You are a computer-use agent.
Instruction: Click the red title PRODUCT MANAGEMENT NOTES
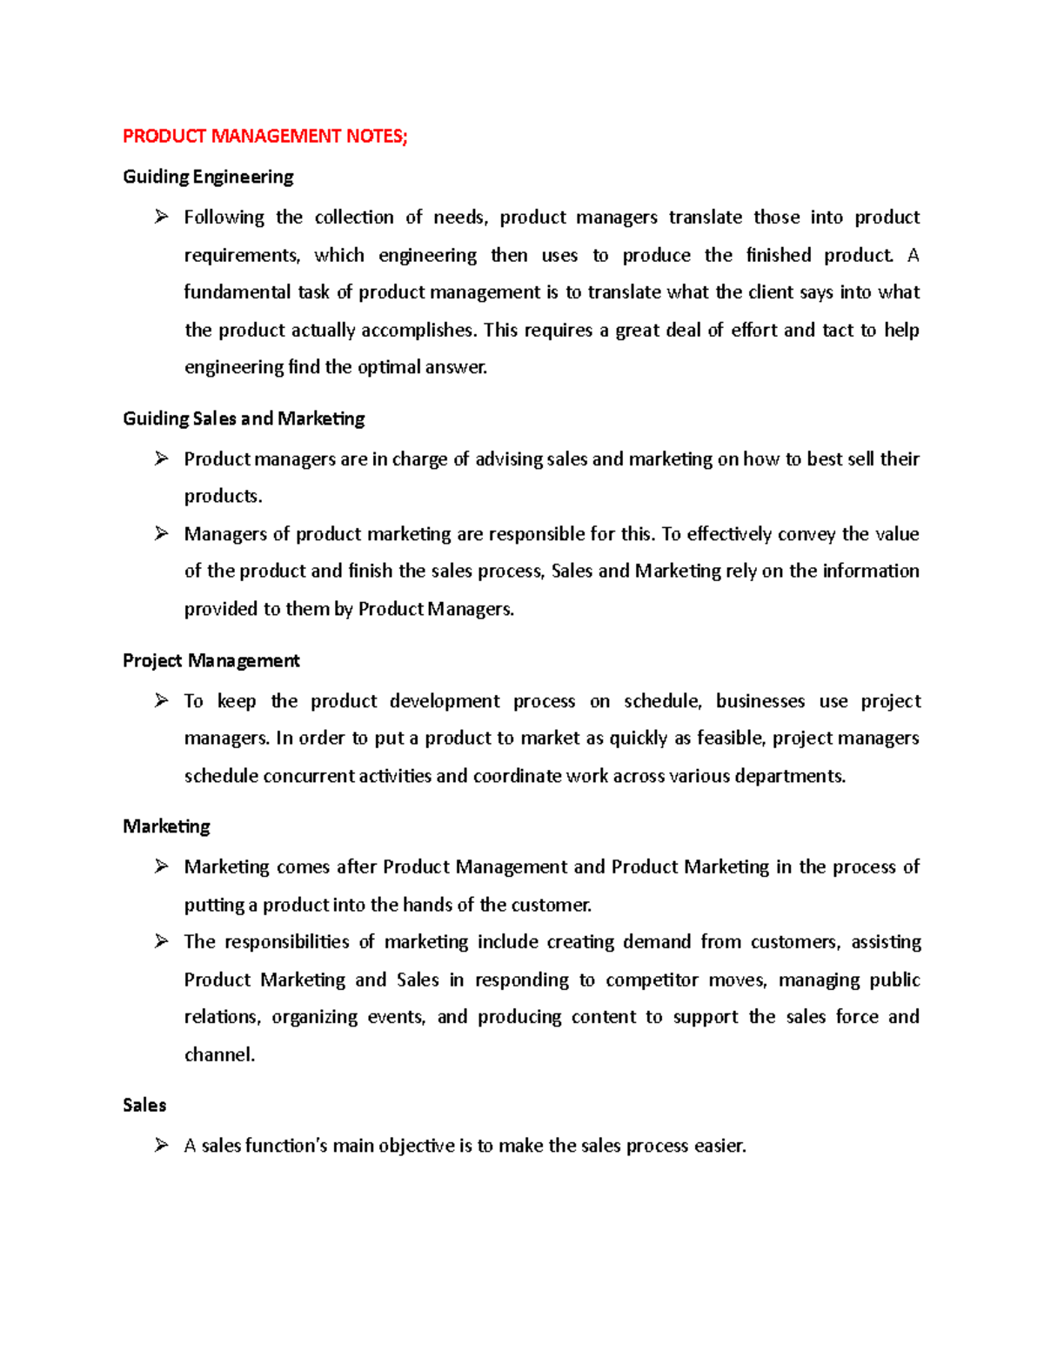(264, 136)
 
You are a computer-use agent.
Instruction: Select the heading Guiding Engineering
(208, 177)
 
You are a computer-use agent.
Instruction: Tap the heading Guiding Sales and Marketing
(244, 418)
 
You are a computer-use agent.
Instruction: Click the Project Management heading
(211, 660)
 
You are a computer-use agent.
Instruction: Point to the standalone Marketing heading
(166, 826)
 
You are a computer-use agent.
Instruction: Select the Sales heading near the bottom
(144, 1105)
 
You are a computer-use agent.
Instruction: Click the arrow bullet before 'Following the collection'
(162, 217)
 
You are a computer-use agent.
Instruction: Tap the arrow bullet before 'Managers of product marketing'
(162, 533)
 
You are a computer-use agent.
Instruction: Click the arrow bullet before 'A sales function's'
(162, 1146)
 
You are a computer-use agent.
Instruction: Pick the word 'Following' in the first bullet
(224, 217)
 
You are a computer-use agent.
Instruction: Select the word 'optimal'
(389, 367)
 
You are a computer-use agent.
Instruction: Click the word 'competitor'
(652, 980)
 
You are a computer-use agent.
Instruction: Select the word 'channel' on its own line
(218, 1055)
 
